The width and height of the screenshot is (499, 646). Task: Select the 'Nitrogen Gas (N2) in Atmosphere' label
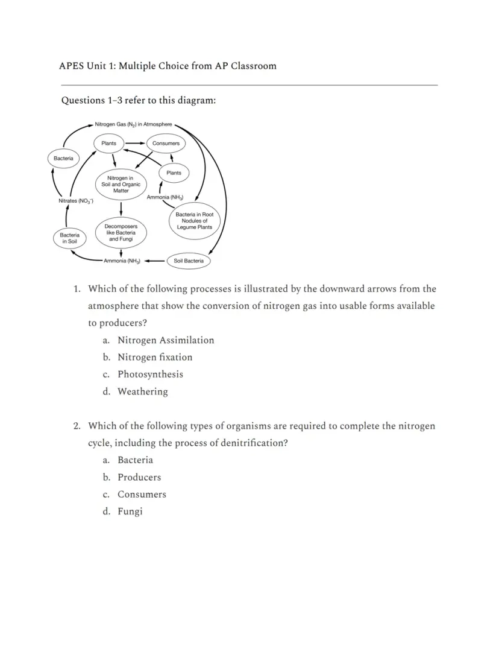click(133, 124)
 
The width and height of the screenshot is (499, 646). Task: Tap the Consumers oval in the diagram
click(166, 144)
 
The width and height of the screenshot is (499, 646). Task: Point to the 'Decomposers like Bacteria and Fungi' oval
click(121, 233)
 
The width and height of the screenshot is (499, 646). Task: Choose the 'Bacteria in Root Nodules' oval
click(194, 221)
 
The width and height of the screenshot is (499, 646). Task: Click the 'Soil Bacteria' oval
click(188, 261)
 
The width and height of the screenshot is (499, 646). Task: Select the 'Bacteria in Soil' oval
click(69, 238)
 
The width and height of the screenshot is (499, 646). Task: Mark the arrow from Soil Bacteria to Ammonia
click(155, 261)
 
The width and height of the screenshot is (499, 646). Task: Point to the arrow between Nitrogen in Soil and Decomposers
click(121, 208)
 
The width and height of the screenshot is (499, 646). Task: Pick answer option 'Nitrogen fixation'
click(155, 357)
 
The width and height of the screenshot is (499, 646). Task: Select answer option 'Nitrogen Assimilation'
click(166, 340)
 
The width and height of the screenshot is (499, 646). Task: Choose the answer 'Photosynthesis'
click(150, 374)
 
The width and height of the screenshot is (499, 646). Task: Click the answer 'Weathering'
click(143, 391)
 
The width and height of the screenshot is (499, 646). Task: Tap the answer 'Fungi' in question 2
click(130, 511)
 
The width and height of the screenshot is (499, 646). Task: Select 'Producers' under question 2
click(139, 477)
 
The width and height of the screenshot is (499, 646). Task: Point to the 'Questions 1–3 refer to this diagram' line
click(139, 100)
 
